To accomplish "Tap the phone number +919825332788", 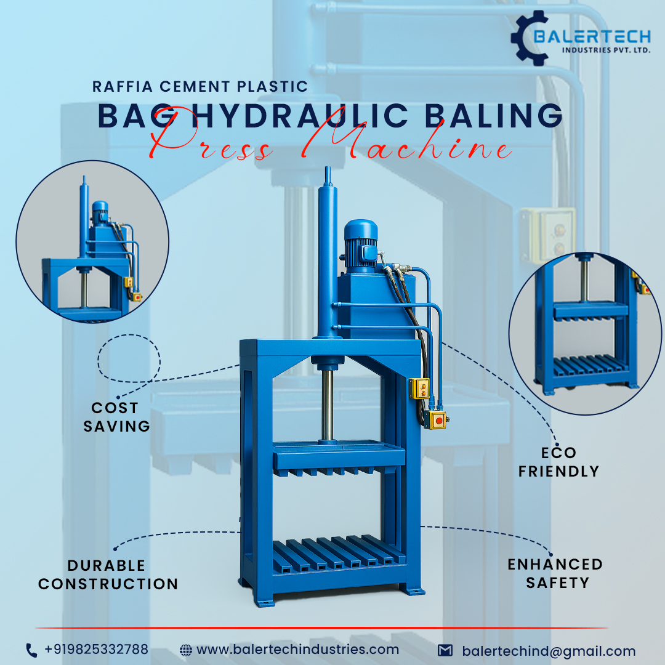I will point(96,650).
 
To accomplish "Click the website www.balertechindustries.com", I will point(297,650).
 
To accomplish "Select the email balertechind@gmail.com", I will point(549,651).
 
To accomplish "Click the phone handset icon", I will point(31,650).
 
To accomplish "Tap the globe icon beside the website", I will point(185,650).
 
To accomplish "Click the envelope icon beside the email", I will point(445,651).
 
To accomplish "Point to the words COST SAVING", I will point(116,417).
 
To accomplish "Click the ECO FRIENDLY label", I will point(558,462).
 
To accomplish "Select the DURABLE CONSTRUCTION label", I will point(108,574).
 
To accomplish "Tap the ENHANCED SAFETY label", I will point(555,573).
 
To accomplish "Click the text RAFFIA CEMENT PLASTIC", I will point(200,86).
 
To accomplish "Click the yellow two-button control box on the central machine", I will point(419,389).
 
